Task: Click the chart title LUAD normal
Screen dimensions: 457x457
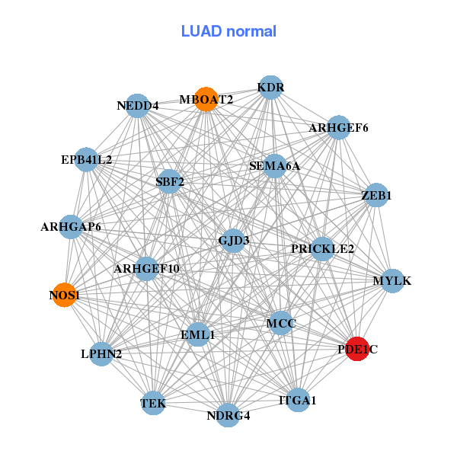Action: [x=228, y=31]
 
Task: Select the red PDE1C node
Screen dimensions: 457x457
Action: [x=357, y=349]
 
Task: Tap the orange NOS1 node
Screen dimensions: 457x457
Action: [x=65, y=295]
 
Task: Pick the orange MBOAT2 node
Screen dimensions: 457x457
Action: [x=206, y=99]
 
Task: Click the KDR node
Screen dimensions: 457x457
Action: [x=270, y=88]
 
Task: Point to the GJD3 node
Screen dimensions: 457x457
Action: [x=233, y=241]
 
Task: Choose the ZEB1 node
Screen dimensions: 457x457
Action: [x=376, y=195]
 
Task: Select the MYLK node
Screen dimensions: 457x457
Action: [x=392, y=280]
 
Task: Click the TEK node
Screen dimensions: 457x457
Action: [x=153, y=403]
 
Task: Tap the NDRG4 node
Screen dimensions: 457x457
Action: [x=228, y=415]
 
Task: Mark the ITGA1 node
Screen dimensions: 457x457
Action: [x=298, y=400]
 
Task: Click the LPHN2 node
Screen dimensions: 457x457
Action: [x=101, y=354]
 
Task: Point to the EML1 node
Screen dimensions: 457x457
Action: [x=198, y=334]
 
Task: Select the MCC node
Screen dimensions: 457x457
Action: [x=281, y=323]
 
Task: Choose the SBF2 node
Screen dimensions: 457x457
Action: [x=170, y=181]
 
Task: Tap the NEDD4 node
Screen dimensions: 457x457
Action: [x=137, y=106]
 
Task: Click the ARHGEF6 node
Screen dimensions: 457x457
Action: [x=338, y=127]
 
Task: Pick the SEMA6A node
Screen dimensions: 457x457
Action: [x=274, y=166]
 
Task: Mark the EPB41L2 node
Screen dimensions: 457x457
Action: [x=86, y=160]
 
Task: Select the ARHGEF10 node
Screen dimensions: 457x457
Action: [x=146, y=269]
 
